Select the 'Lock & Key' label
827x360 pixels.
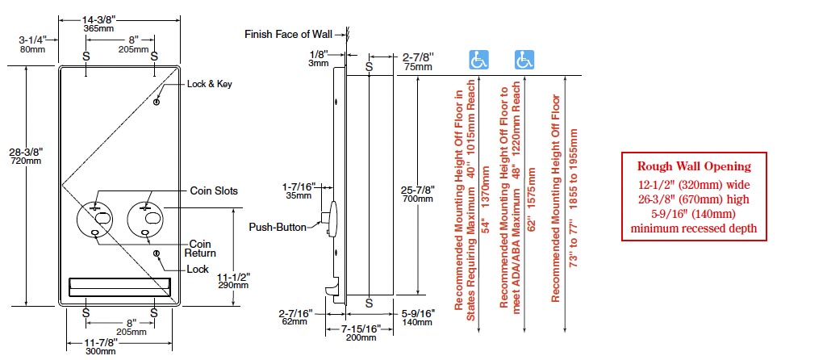209,84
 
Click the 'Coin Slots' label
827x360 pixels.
214,190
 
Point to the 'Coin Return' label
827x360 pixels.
199,248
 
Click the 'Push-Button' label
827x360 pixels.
277,227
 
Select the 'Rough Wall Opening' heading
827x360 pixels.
694,166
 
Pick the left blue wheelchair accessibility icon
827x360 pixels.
479,60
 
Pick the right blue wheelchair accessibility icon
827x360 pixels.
524,60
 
